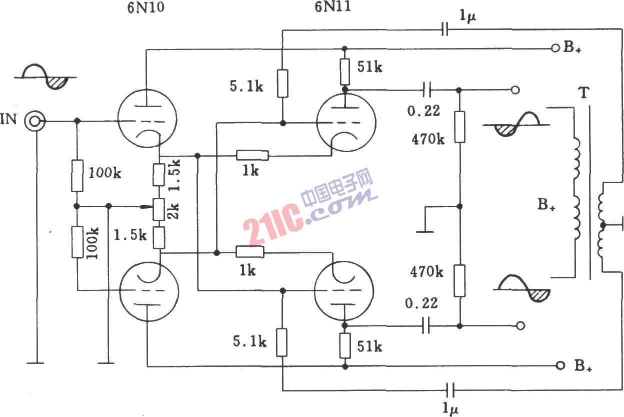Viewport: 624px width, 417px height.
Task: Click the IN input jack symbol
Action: point(34,121)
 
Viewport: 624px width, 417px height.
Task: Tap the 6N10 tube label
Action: point(145,8)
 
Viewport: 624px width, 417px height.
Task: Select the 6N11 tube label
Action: point(332,7)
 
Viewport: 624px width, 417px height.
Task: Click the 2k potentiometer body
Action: point(159,209)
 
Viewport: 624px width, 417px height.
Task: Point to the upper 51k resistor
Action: point(344,72)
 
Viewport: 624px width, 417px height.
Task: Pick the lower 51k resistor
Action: point(344,345)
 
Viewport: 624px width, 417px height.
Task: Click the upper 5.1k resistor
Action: point(282,84)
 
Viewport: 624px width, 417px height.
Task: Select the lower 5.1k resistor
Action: point(281,342)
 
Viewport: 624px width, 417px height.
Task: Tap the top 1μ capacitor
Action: point(445,29)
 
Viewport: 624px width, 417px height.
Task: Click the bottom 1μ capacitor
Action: point(450,390)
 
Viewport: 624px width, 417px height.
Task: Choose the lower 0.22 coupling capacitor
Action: point(426,325)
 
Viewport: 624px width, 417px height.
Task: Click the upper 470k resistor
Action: point(459,127)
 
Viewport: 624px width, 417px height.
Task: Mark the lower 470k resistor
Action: point(459,281)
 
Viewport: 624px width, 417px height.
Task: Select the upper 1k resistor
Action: point(252,155)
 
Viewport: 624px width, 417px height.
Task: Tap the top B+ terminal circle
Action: point(555,48)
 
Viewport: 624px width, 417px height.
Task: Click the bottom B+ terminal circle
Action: point(560,365)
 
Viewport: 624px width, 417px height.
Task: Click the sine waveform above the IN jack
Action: point(45,77)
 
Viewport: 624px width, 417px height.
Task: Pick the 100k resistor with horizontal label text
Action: point(77,176)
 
